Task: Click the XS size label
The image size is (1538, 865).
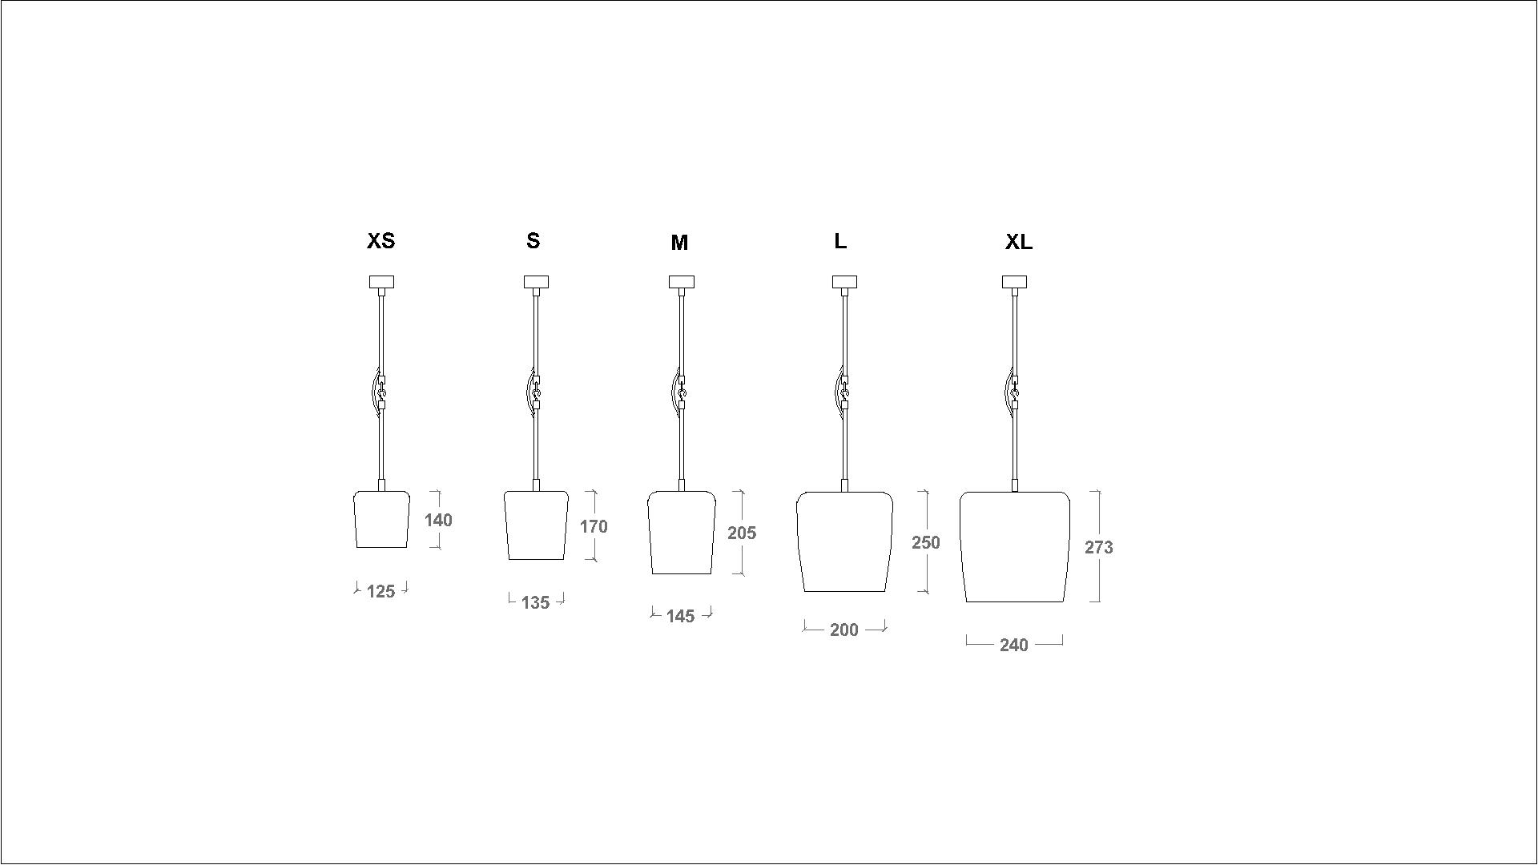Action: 380,241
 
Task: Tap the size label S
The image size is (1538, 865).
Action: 533,241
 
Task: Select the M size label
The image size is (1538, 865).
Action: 679,243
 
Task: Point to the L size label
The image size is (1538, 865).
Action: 840,241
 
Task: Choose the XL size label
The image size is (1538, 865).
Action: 1019,243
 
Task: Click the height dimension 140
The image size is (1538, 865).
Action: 438,521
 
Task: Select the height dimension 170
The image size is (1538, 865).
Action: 594,527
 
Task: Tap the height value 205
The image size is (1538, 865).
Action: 742,533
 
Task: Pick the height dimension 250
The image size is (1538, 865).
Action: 926,543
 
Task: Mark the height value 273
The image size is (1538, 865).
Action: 1099,548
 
